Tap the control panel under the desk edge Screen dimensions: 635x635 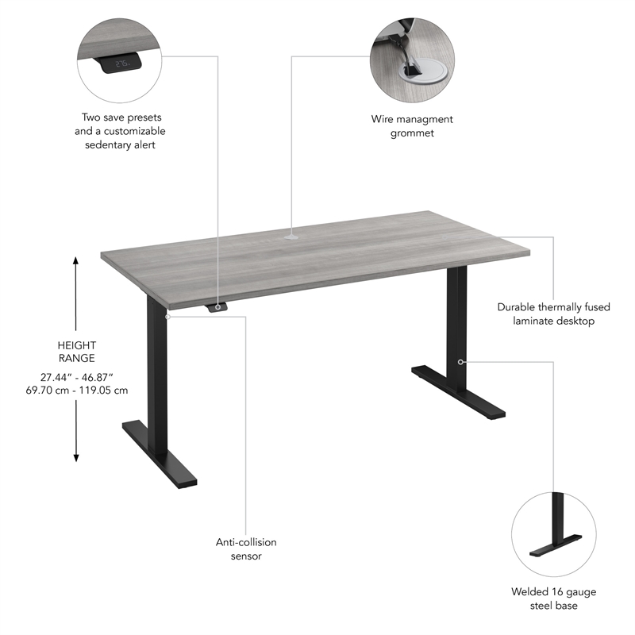click(x=217, y=307)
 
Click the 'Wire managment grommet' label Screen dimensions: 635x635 click(x=412, y=126)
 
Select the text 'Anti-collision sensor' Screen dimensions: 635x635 click(x=246, y=549)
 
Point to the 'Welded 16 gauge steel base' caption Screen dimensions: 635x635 click(x=554, y=598)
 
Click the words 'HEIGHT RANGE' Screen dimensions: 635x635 click(x=77, y=352)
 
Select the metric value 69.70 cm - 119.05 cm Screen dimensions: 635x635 click(x=77, y=390)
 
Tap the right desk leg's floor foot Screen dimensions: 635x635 click(x=459, y=391)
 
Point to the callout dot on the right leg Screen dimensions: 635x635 click(x=460, y=361)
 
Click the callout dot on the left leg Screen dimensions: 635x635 click(x=168, y=316)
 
